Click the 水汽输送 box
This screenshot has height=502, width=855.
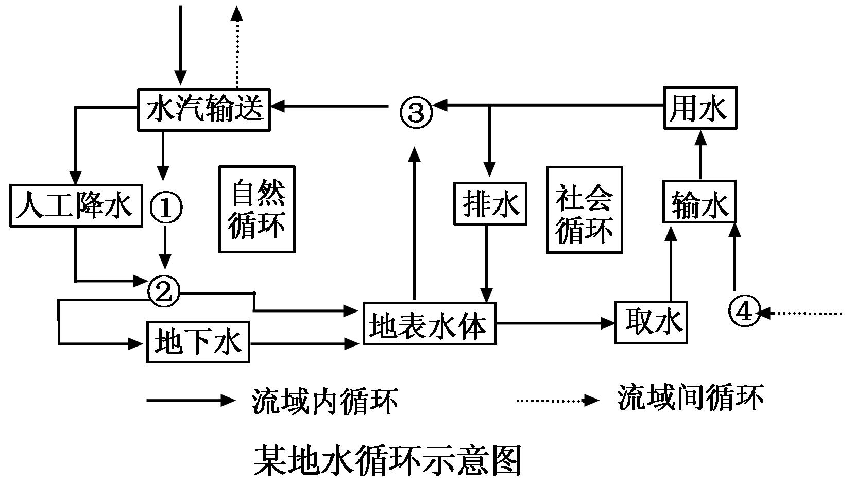[204, 110]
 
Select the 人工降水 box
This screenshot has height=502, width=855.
[76, 205]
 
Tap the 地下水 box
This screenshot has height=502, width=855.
[198, 342]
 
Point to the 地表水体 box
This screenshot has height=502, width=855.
[429, 324]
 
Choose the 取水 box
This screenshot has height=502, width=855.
[651, 322]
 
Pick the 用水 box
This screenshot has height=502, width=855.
[699, 108]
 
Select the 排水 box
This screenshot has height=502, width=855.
[490, 203]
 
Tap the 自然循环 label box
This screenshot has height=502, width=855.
[257, 209]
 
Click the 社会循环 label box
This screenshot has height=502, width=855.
[584, 210]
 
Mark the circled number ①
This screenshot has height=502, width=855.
[166, 208]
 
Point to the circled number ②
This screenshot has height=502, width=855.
[164, 292]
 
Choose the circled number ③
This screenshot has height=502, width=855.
[416, 112]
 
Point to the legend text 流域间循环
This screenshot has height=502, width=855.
[690, 397]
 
